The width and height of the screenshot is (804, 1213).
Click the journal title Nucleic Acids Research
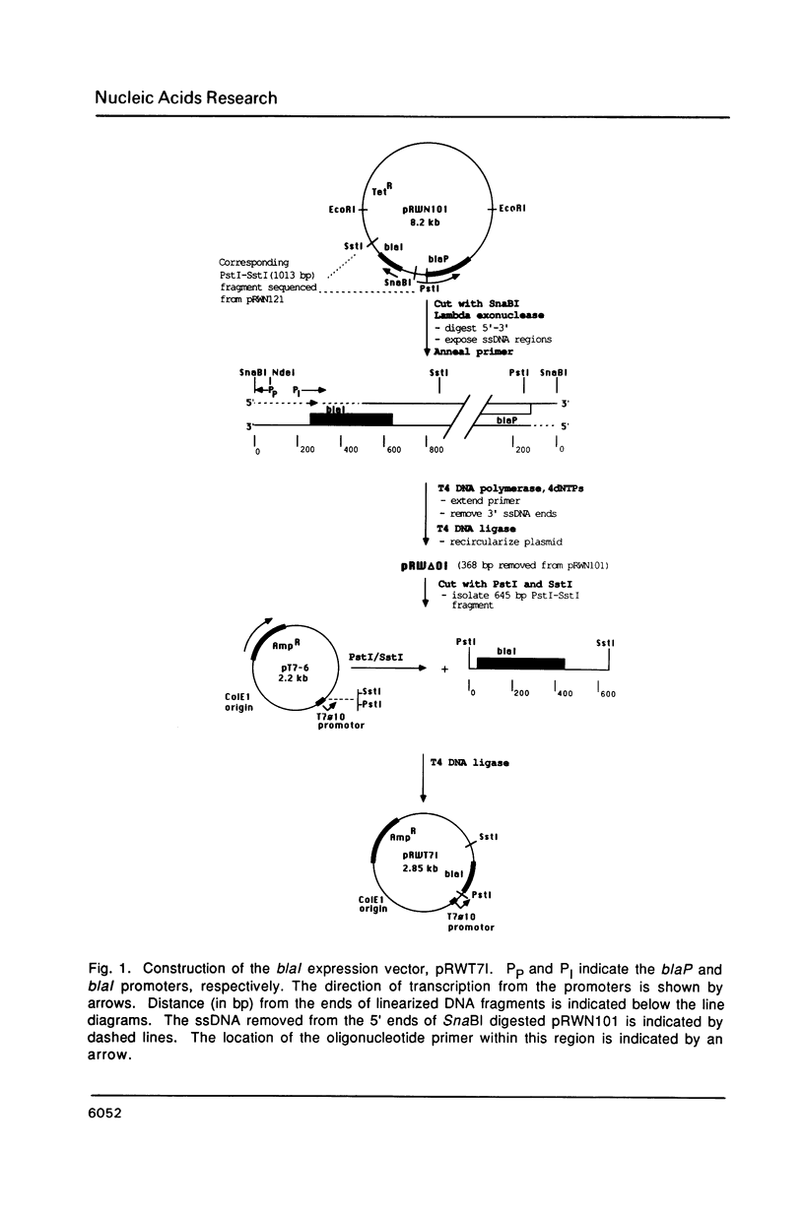[x=185, y=97]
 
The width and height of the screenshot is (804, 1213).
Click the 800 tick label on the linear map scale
[x=436, y=450]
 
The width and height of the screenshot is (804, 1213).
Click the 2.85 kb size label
[x=419, y=869]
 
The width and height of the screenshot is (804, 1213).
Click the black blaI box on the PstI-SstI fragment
[x=512, y=664]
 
